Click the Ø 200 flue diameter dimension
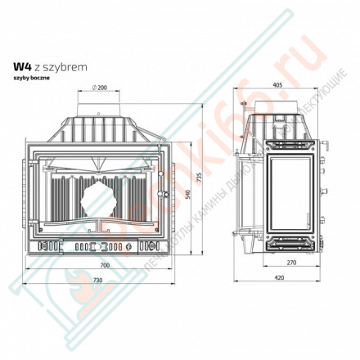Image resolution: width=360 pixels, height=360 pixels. pyautogui.click(x=101, y=88)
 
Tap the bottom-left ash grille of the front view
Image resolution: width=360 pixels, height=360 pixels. pyautogui.click(x=47, y=245)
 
